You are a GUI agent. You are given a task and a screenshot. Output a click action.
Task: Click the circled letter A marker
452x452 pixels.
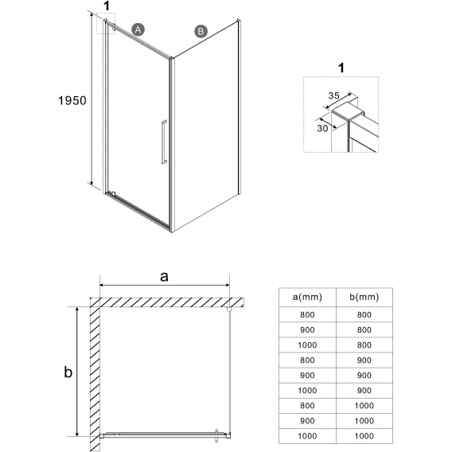click(x=138, y=29)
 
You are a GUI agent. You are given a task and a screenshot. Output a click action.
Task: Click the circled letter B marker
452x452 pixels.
click(x=201, y=31)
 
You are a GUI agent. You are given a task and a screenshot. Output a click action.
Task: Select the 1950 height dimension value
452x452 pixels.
click(x=72, y=100)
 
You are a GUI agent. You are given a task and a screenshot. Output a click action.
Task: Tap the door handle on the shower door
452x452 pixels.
click(x=164, y=142)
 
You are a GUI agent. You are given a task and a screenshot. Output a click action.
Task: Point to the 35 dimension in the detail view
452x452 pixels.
click(x=333, y=95)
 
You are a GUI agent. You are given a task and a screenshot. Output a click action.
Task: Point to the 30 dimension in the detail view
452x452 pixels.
click(x=322, y=128)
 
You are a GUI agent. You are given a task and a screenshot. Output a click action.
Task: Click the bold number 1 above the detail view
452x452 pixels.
click(x=341, y=68)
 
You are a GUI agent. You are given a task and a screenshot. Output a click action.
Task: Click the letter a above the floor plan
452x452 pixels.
click(x=164, y=277)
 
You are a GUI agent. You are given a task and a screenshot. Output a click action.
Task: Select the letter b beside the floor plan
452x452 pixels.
click(x=68, y=372)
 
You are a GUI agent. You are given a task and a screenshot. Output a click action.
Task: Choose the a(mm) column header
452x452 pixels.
click(x=307, y=297)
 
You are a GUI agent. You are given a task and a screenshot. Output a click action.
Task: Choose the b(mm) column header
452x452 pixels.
click(x=364, y=297)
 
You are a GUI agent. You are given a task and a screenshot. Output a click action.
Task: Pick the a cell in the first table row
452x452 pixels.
click(x=307, y=314)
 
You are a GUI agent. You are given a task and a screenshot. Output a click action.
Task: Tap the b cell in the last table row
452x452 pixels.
click(x=364, y=436)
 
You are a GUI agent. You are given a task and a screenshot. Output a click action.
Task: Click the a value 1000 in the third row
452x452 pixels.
click(x=307, y=345)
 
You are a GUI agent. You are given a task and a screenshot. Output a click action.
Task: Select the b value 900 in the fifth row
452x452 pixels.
click(x=364, y=376)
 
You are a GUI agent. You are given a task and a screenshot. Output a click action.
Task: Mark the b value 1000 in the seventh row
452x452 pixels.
click(x=364, y=406)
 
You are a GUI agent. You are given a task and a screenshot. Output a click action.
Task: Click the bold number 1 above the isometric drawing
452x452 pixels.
click(x=107, y=6)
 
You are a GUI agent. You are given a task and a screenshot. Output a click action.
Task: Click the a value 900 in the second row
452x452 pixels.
click(x=307, y=329)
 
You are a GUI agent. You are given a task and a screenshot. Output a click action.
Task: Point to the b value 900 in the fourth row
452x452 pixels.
click(x=364, y=360)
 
